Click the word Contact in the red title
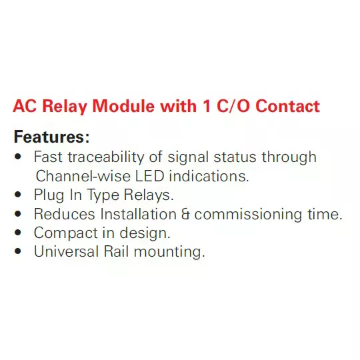point(287,107)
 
